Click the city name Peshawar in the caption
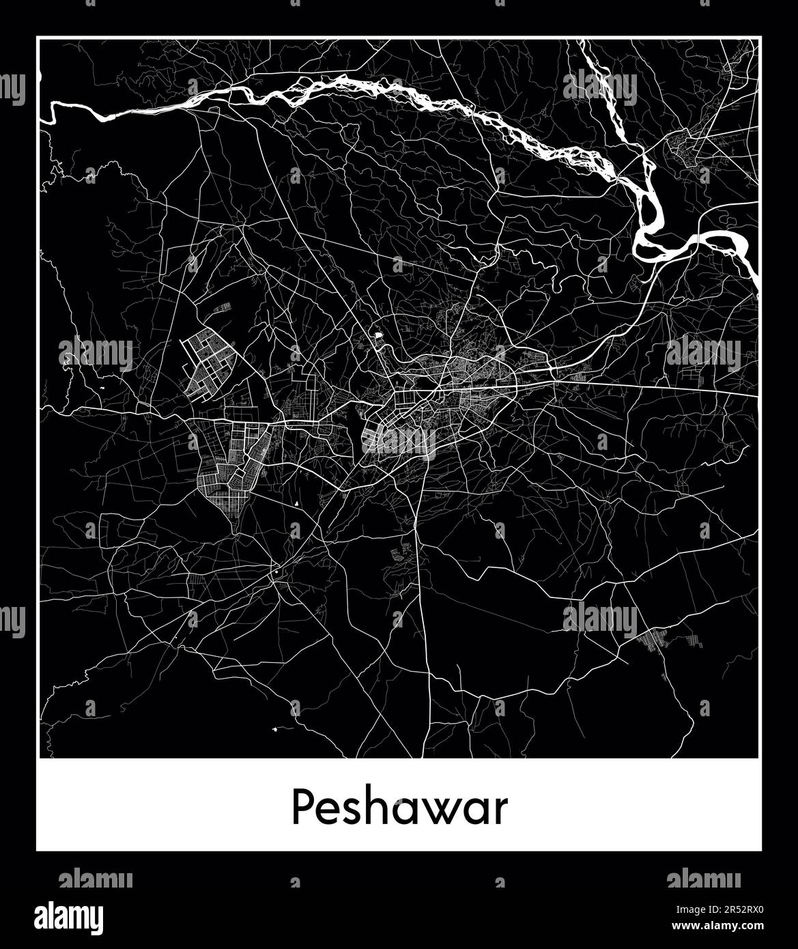point(399,808)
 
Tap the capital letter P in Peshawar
point(302,808)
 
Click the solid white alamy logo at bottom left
point(70,915)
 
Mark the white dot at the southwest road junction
point(276,571)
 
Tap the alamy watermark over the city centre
point(399,440)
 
